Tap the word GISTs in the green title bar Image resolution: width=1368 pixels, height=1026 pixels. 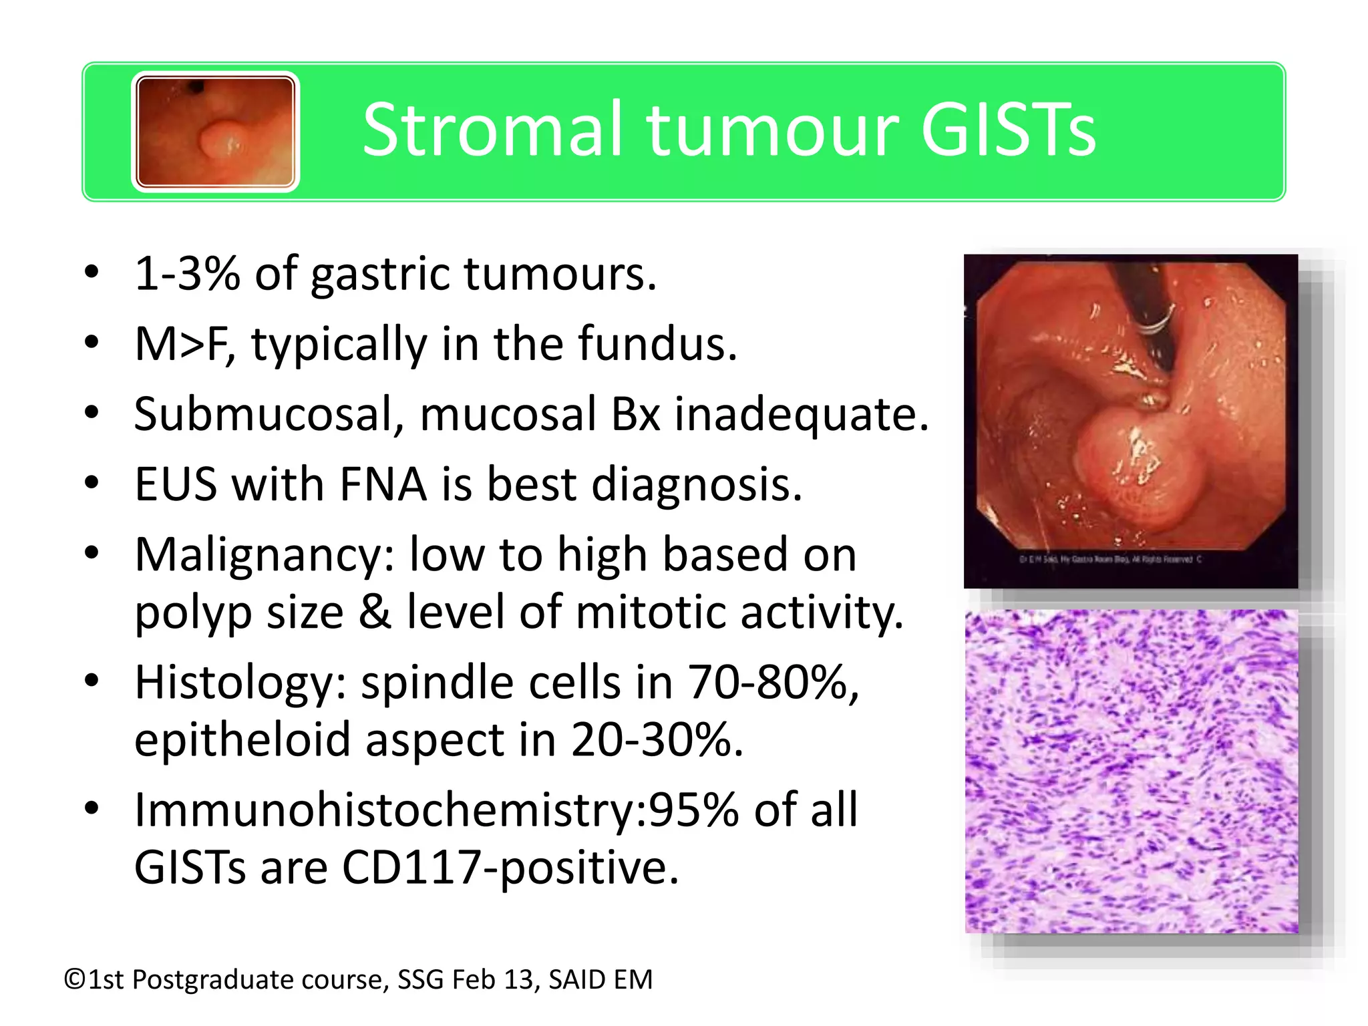[1008, 130]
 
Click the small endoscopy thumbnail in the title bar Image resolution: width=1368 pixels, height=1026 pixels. [215, 132]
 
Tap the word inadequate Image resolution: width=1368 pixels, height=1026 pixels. [801, 415]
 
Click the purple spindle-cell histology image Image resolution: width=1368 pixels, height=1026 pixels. [1132, 771]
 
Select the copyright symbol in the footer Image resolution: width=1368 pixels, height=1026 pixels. [75, 980]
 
